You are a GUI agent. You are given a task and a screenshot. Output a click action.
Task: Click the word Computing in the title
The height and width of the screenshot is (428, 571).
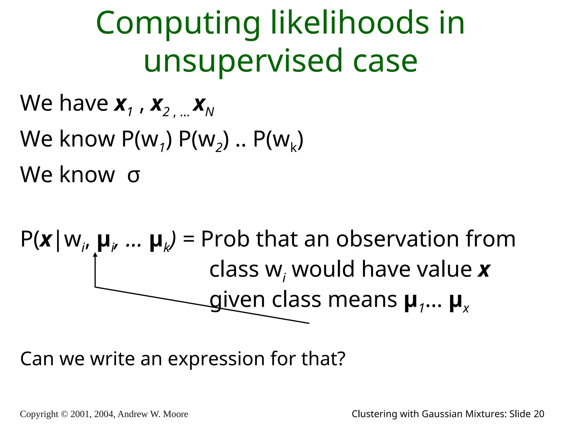(178, 23)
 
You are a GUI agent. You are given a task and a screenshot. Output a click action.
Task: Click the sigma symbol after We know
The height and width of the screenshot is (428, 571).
(134, 176)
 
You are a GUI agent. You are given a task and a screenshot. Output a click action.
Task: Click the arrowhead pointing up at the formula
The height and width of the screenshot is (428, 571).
(95, 254)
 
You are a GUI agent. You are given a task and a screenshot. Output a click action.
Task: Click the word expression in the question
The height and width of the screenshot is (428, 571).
(216, 359)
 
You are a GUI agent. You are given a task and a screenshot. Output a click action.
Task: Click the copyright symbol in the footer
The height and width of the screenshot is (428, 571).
(64, 414)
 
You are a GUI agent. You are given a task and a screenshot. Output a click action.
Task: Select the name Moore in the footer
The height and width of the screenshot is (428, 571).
(176, 414)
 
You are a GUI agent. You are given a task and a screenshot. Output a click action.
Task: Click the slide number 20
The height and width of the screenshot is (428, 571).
(539, 414)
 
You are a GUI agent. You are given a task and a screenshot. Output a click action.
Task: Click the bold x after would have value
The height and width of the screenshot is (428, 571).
(484, 270)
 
